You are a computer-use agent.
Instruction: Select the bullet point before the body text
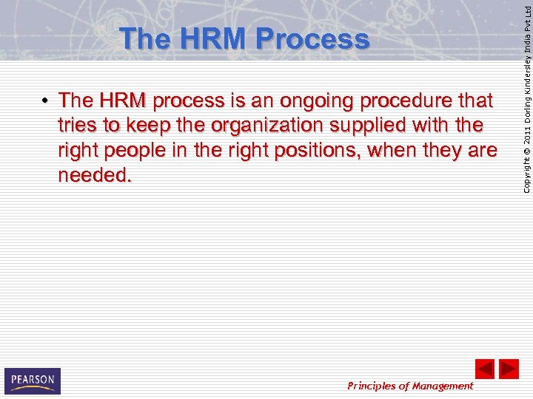coord(46,100)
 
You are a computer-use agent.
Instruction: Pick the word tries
coord(78,125)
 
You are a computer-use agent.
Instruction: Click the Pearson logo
coord(32,381)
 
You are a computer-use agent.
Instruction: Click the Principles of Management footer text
coord(410,386)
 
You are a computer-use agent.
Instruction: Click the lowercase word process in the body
coord(189,100)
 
